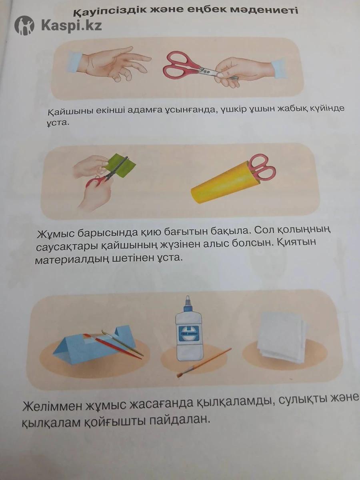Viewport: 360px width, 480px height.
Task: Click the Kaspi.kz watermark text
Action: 72,25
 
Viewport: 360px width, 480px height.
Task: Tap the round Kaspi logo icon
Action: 24,25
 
